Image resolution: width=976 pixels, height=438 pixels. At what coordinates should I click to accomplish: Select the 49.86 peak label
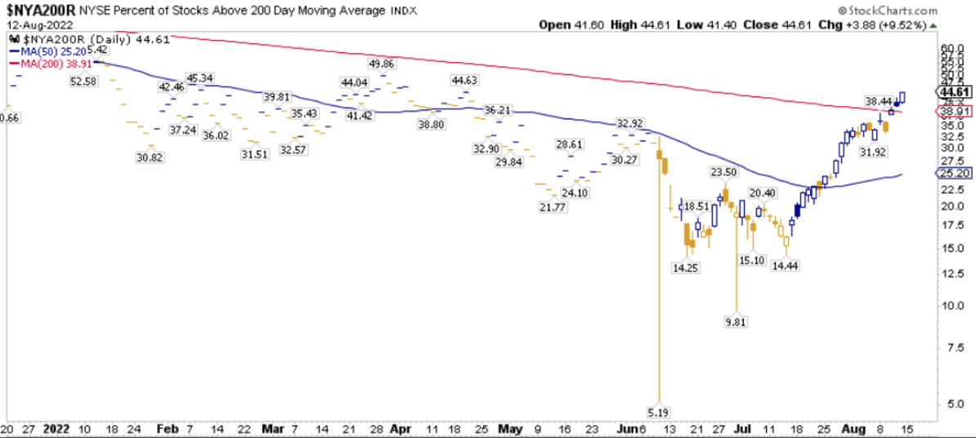tap(383, 64)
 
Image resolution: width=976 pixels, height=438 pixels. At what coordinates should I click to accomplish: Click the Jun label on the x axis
tap(626, 428)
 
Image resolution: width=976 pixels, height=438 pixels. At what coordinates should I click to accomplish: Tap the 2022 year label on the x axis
tap(56, 428)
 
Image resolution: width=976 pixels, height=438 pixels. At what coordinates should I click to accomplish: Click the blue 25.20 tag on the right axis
tap(953, 173)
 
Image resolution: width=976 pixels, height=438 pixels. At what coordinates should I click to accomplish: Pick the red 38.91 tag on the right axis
tap(953, 110)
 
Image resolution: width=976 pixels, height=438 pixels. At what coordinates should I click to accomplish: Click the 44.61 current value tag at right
tap(953, 92)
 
